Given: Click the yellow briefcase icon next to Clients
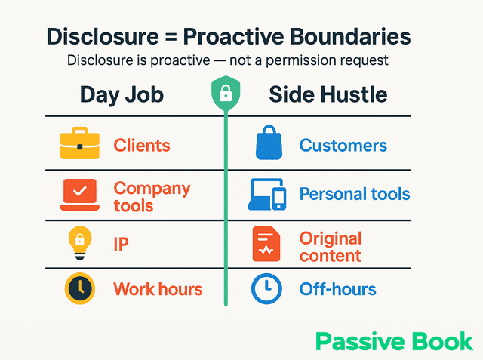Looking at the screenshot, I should coord(79,145).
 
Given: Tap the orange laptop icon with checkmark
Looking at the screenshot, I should coord(79,195).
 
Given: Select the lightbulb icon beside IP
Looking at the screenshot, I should coord(79,243).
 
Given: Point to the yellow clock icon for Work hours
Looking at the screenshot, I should coord(79,289).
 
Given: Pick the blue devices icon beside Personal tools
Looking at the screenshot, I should coord(267,195).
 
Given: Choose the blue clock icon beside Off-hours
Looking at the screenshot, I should coord(266,289).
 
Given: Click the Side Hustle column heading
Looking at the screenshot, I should coord(328,95).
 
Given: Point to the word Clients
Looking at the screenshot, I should coord(141,146).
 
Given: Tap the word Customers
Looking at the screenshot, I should coord(343,146).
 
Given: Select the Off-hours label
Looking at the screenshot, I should coord(337,289).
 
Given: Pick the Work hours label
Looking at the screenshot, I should coord(158,289).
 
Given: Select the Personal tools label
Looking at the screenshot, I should coord(355,194).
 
